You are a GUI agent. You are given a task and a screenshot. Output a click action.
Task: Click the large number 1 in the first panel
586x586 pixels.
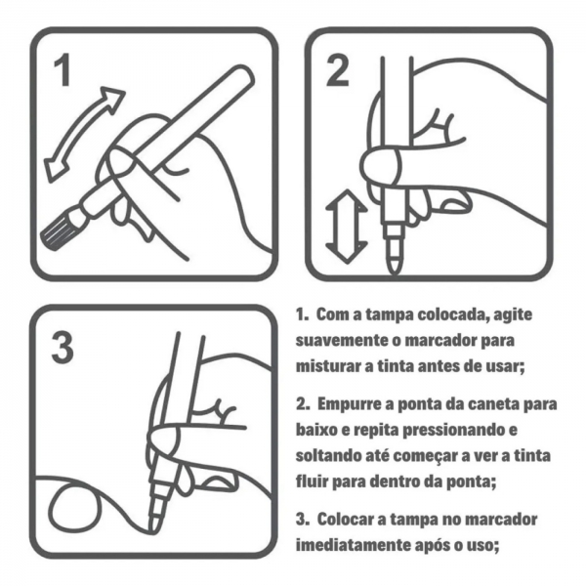click(63, 72)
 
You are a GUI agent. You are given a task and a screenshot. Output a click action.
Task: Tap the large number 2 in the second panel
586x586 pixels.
click(338, 70)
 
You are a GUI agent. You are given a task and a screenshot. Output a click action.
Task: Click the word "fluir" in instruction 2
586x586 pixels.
click(313, 481)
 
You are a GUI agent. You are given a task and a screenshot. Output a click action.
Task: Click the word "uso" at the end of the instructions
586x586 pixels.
click(481, 543)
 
